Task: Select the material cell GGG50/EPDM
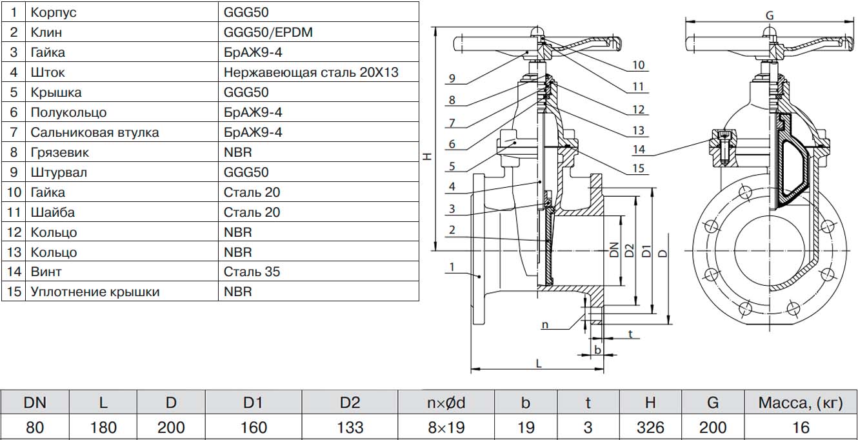268,32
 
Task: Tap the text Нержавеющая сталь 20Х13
311,72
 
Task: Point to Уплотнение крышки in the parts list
95,292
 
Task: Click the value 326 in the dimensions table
650,427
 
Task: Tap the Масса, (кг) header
800,403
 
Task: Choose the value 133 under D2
350,427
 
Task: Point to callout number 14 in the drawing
639,150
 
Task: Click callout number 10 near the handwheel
639,65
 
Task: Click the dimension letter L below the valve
539,363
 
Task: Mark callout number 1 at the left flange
452,266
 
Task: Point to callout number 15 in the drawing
639,169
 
